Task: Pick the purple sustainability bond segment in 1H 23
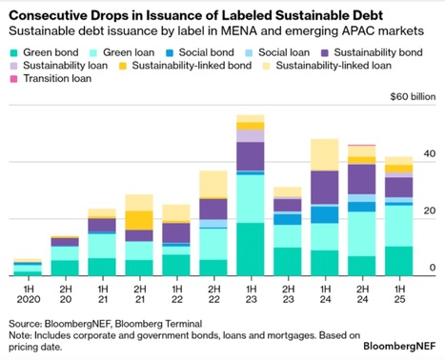(x=251, y=155)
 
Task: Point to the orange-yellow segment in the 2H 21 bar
(x=139, y=220)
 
